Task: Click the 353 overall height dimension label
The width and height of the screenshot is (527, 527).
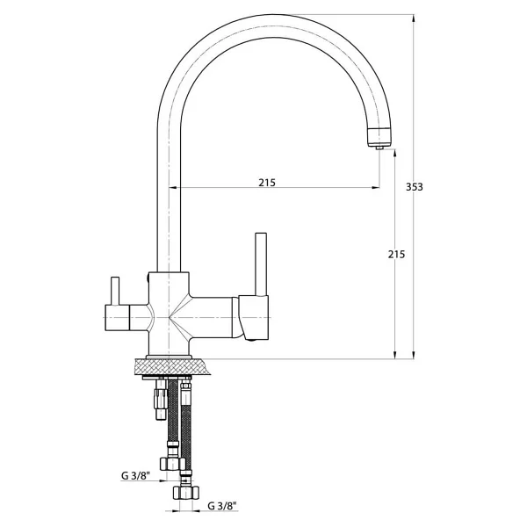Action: click(414, 187)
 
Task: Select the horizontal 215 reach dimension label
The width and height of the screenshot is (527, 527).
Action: click(267, 183)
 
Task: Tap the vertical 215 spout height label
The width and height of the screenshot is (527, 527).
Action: click(397, 255)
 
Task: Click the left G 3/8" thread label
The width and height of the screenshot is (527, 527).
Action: click(135, 476)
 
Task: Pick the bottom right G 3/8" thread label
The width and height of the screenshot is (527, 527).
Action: click(222, 506)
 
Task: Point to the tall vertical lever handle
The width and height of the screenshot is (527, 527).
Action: click(261, 264)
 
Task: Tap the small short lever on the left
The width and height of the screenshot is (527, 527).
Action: click(115, 291)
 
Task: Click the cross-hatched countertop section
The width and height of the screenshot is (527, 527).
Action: click(172, 366)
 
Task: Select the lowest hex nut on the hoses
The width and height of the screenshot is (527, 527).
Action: click(186, 493)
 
